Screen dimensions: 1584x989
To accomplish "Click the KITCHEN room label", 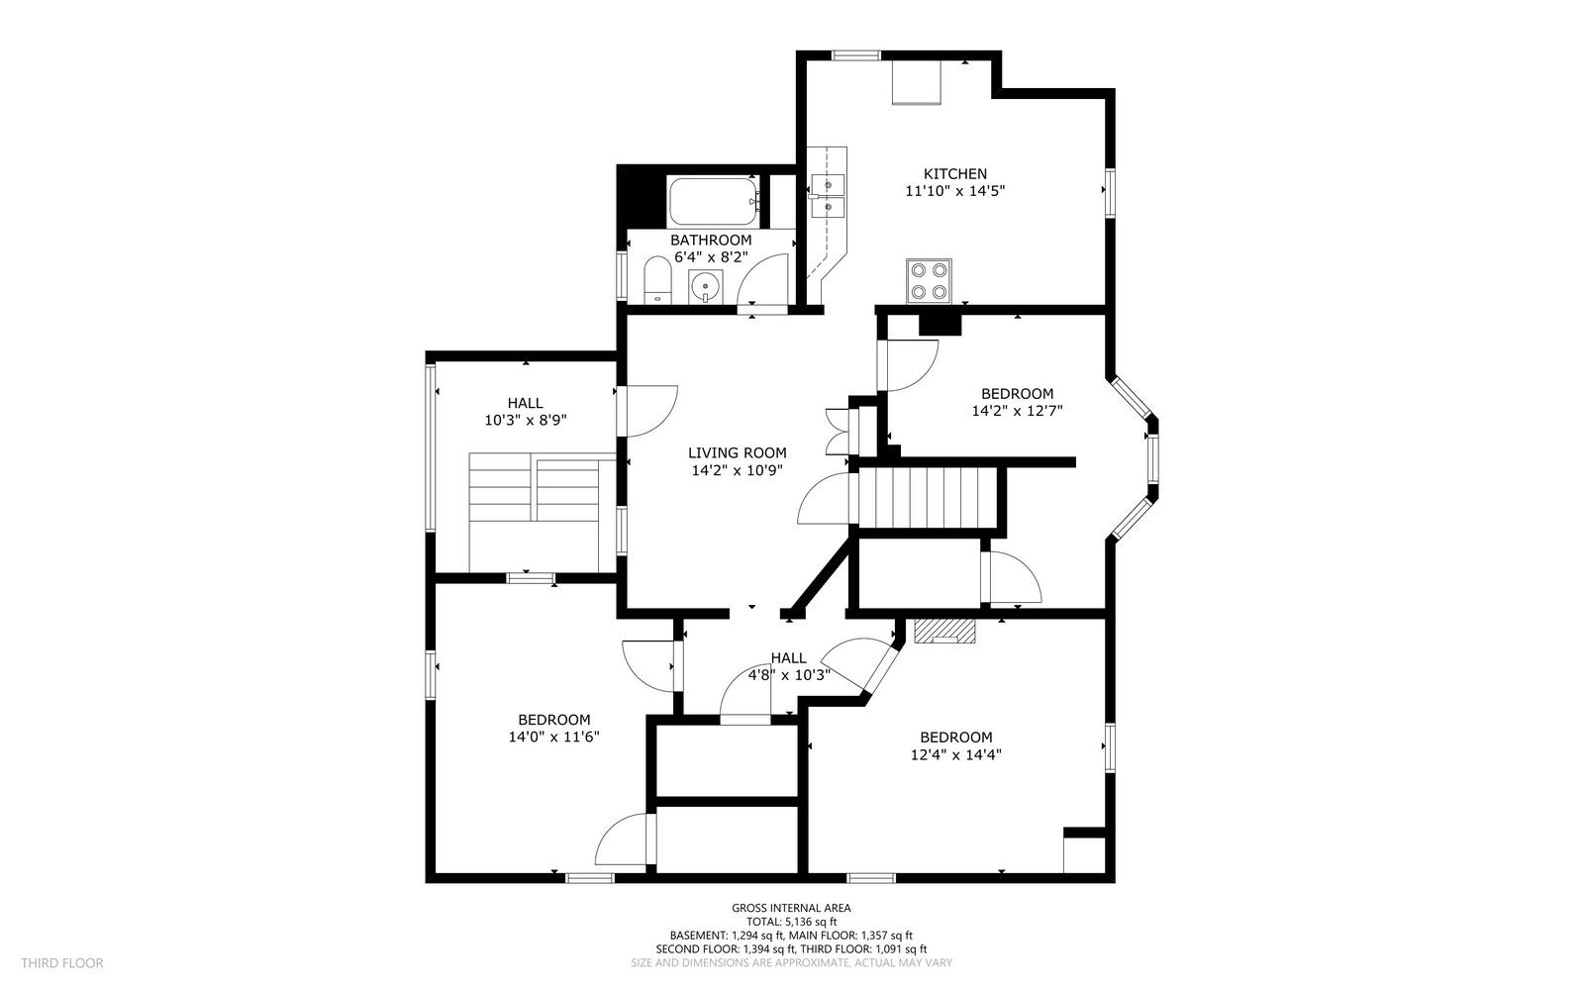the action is tap(954, 174).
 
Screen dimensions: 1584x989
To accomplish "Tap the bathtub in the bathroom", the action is tap(714, 202).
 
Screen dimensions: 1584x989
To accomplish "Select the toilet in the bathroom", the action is tap(657, 280).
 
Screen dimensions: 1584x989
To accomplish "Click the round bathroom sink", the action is tap(706, 288).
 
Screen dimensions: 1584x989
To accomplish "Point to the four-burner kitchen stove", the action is tap(930, 280).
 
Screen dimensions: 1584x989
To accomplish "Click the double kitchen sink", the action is tap(828, 196).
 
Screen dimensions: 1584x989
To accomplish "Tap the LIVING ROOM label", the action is tap(737, 453).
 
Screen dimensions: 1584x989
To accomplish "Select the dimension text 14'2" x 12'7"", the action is tap(1017, 411).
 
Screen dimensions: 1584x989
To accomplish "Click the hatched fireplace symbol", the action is tap(944, 632).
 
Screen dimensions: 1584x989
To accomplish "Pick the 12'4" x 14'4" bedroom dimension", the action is tap(955, 754).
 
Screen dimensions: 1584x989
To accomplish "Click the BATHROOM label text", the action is tap(711, 241).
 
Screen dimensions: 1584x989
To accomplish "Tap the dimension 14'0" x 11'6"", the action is tap(553, 737).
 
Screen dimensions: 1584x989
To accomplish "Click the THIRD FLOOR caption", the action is tap(62, 963).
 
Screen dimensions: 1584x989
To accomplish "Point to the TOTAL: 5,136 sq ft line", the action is tap(791, 922).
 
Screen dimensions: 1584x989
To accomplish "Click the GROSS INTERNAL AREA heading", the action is tap(791, 909).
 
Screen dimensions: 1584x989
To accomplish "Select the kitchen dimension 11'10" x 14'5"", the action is tap(954, 191).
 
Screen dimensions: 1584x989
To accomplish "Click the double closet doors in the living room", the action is tap(838, 432).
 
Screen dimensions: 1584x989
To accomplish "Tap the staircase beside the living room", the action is tap(927, 497).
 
